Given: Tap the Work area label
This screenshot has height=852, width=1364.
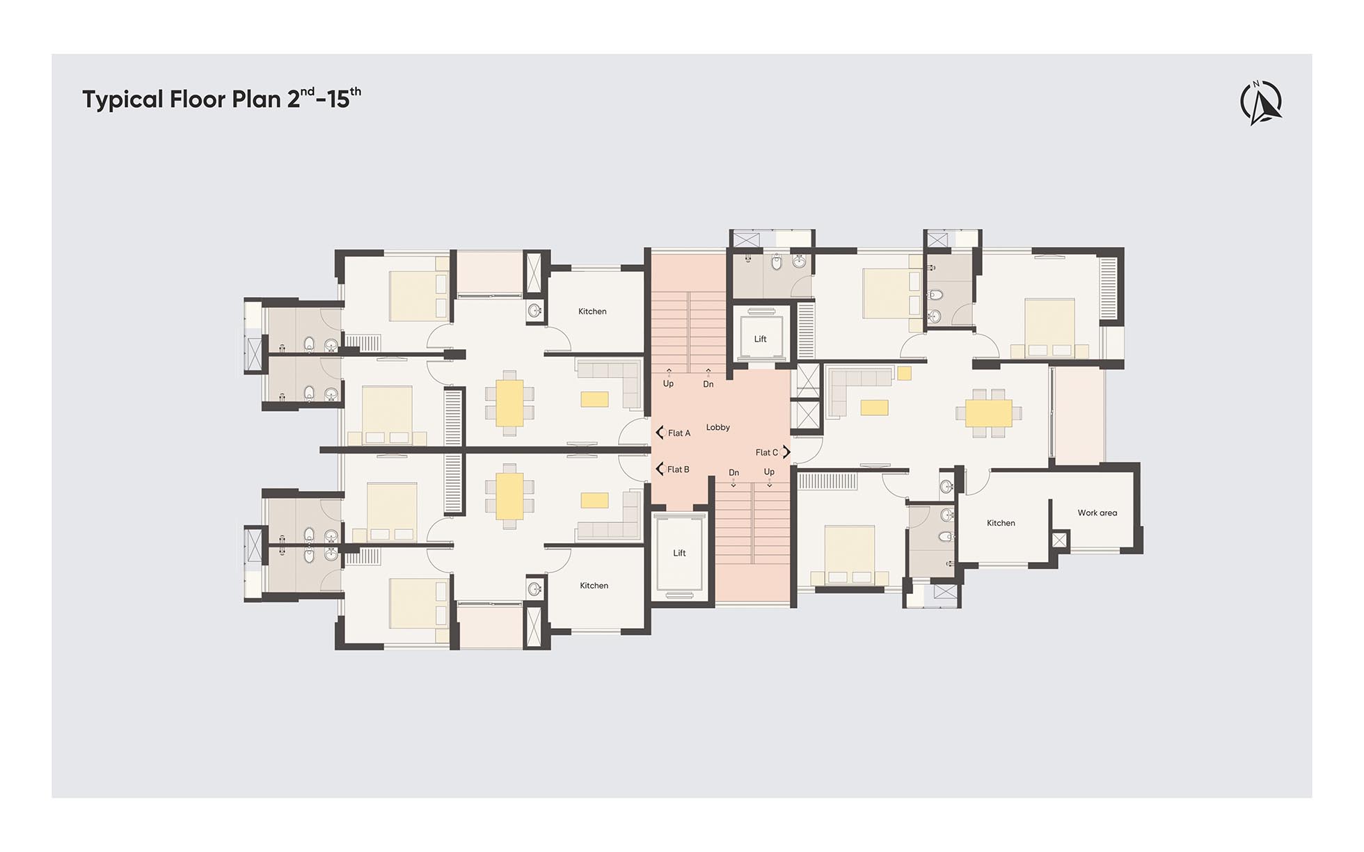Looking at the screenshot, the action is (1097, 513).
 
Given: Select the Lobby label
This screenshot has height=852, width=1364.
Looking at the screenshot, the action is (718, 427).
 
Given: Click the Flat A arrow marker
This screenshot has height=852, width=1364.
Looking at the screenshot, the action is (660, 433).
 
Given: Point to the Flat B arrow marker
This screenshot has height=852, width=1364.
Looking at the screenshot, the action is (660, 469).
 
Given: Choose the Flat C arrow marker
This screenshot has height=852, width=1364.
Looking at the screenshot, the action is (786, 452).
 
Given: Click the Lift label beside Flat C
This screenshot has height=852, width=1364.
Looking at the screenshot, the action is (760, 339).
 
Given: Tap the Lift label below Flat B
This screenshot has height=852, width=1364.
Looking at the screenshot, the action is (679, 554).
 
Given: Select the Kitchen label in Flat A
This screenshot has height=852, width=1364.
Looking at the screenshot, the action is (592, 312).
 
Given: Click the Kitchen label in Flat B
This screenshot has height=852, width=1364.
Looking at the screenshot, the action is (594, 586).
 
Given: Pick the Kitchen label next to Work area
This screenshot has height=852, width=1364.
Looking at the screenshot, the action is (1001, 523).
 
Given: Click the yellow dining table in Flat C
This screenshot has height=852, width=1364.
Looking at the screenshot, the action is (989, 413).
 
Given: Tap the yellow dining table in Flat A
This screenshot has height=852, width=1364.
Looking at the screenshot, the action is (509, 403).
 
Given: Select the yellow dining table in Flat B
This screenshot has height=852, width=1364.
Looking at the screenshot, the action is (509, 497).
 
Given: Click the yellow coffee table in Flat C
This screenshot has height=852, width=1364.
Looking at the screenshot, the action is (874, 408).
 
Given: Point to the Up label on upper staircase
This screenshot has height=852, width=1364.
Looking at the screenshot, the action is (668, 384).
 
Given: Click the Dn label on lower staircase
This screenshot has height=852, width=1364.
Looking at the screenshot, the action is (733, 473).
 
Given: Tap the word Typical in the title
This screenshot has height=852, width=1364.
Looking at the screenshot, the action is (123, 99).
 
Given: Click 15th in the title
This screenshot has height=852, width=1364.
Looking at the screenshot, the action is (344, 98).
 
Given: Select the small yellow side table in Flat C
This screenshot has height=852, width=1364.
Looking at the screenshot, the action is (904, 373).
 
